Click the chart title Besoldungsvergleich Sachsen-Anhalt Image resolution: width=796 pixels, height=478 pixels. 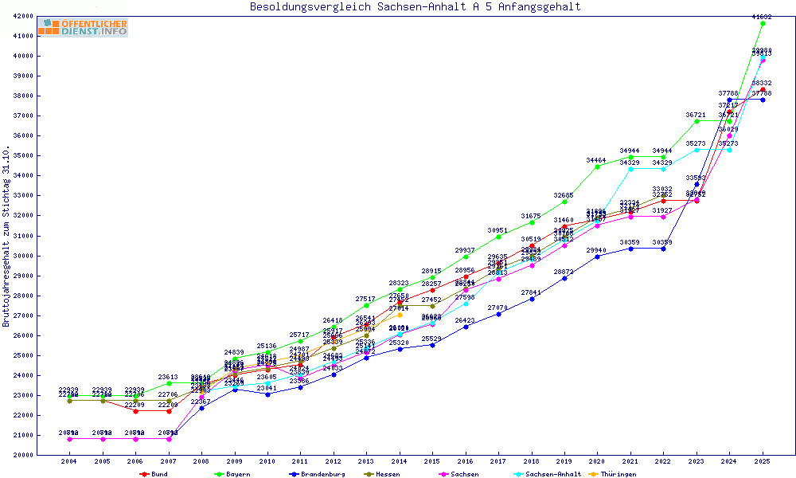click(x=415, y=7)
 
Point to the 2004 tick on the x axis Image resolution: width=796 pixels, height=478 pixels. click(x=69, y=461)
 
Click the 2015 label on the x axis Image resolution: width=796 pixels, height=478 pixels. click(x=432, y=461)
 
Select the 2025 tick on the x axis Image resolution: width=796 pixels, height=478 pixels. click(x=763, y=461)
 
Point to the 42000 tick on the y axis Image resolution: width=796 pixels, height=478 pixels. click(x=44, y=16)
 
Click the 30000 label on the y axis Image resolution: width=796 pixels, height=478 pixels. click(x=44, y=256)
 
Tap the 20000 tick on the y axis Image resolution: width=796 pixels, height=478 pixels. click(x=44, y=455)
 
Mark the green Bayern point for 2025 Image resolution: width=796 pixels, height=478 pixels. click(x=763, y=24)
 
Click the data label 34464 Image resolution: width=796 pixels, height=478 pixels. click(x=597, y=160)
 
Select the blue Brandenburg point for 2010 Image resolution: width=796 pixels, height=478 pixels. click(x=267, y=394)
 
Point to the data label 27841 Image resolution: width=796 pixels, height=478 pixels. click(x=531, y=292)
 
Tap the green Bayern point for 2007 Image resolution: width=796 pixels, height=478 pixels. click(x=168, y=383)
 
